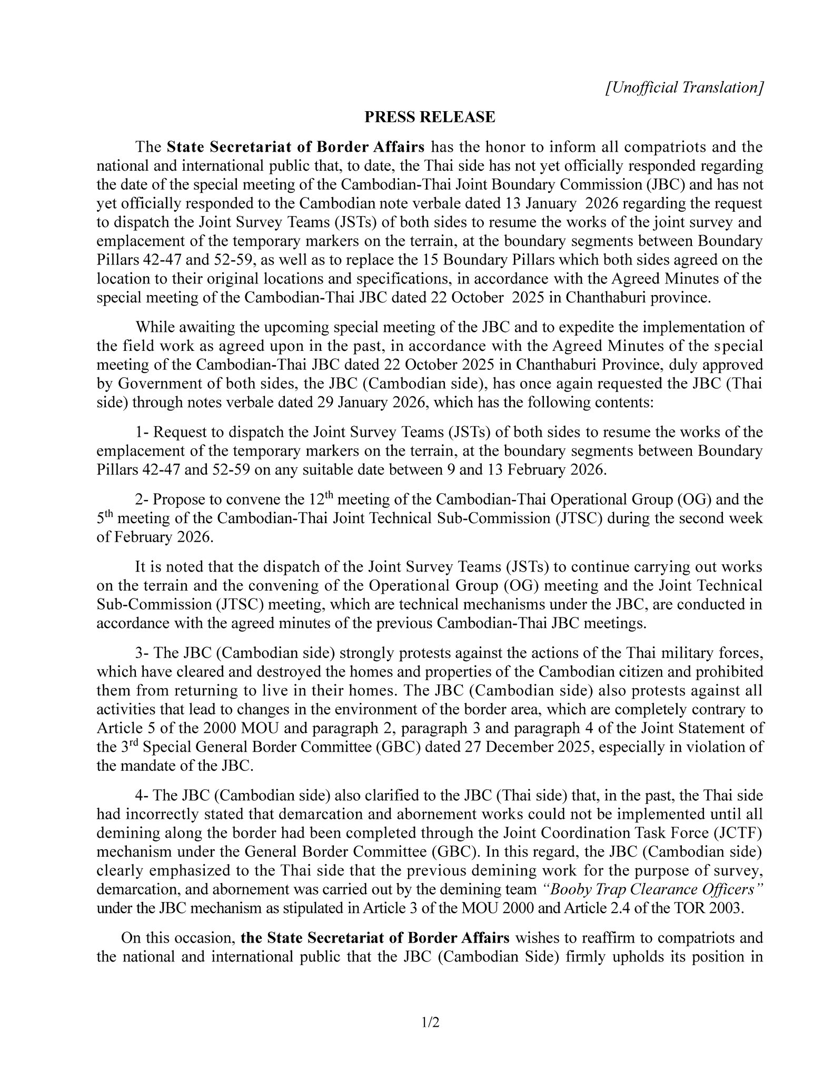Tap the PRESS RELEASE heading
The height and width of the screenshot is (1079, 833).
(x=430, y=117)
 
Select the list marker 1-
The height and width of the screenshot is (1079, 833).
(x=142, y=433)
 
